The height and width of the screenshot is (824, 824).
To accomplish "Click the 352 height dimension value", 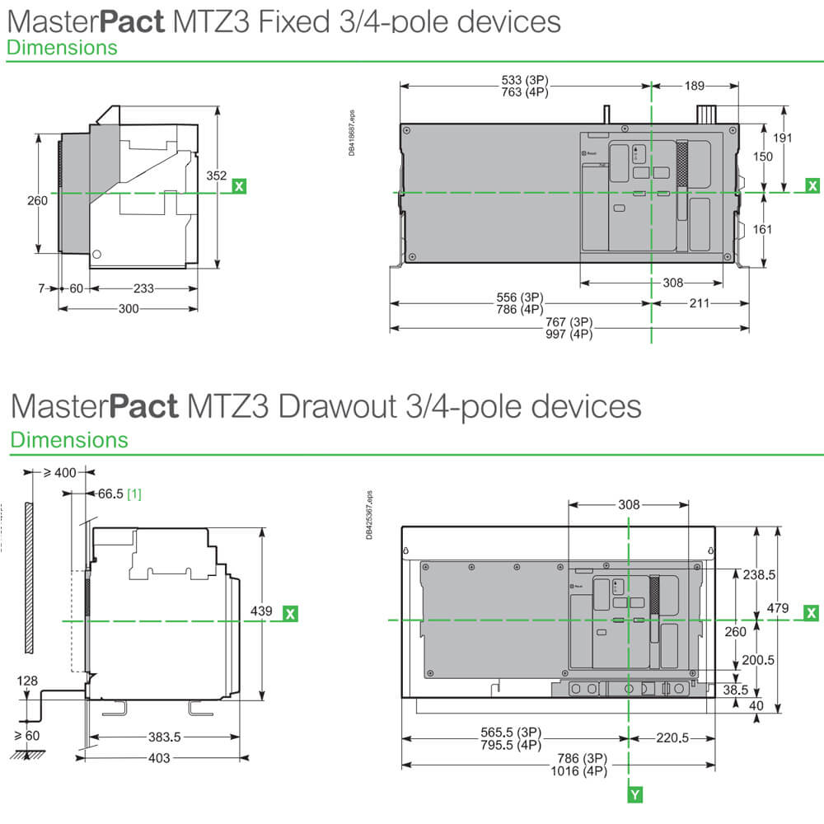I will (x=216, y=176).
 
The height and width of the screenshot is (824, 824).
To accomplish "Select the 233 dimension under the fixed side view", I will (x=143, y=288).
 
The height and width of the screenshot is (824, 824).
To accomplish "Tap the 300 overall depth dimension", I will (x=129, y=308).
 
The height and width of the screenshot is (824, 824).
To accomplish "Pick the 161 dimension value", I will (x=763, y=228).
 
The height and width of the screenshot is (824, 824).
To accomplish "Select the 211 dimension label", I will (x=700, y=302).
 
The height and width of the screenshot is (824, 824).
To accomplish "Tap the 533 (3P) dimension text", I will (x=525, y=80).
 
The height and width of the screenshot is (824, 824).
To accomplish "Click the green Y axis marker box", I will (x=635, y=794).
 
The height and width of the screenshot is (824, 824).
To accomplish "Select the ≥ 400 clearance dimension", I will (x=59, y=474).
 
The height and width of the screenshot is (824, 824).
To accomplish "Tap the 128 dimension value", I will (x=26, y=681).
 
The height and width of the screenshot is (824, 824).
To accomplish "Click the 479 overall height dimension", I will (x=778, y=608).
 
